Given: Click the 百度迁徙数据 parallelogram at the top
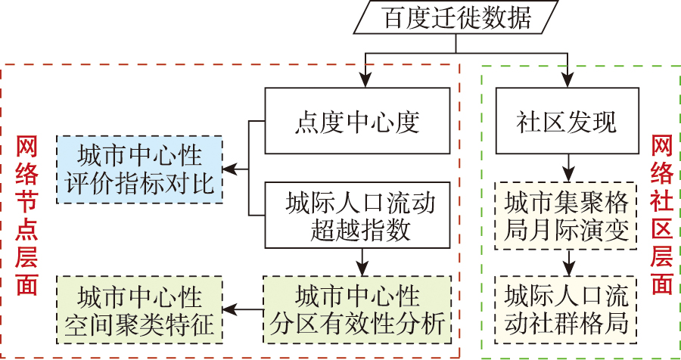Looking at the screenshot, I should pyautogui.click(x=456, y=18).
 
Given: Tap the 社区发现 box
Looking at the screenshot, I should pyautogui.click(x=566, y=121).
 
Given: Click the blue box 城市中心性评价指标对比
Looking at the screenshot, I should pyautogui.click(x=140, y=169).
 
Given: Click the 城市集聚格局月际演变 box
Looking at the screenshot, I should pyautogui.click(x=566, y=216).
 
